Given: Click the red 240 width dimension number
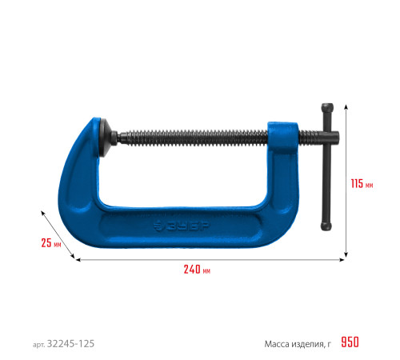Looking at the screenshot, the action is click(192, 270).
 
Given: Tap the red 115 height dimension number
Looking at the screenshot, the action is click(357, 184).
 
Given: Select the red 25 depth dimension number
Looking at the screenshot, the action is click(46, 242).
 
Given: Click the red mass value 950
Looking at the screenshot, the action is click(350, 342).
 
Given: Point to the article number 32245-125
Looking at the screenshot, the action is click(70, 344).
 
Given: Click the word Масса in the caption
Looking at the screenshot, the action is click(277, 344).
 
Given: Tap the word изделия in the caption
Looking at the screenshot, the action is click(309, 345).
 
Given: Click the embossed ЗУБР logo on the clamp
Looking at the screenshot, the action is click(182, 226).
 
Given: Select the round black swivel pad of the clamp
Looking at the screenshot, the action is click(105, 138).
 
